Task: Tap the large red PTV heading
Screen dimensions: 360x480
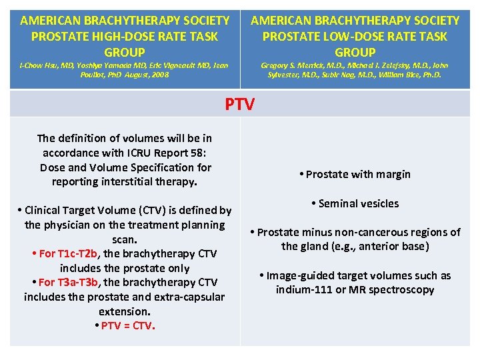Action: [239, 104]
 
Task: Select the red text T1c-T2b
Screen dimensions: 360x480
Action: [78, 254]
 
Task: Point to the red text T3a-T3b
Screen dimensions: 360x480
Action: [79, 283]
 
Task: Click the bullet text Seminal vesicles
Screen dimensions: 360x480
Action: [358, 203]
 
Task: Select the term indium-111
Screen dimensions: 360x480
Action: [301, 290]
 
